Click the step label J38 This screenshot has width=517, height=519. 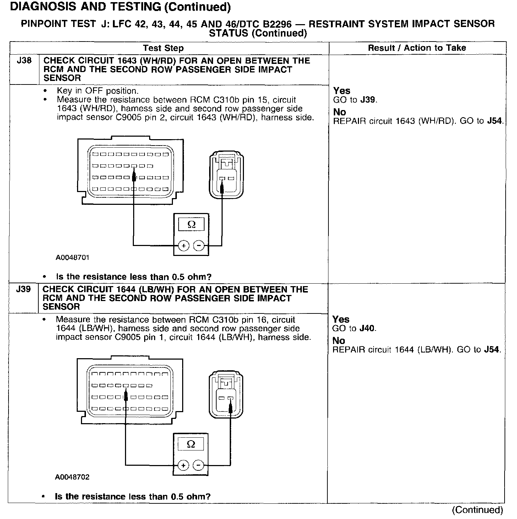pos(24,61)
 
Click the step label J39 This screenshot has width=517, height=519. pos(23,289)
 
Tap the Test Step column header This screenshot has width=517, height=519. pos(163,48)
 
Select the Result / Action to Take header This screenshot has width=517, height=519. pos(417,48)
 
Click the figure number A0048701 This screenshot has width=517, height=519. pos(72,258)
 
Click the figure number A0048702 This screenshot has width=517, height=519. pos(72,477)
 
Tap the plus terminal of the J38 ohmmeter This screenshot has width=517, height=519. pos(183,245)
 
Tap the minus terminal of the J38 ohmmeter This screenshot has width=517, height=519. pos(199,245)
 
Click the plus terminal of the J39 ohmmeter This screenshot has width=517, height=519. pos(183,465)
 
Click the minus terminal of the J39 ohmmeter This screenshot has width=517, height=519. pos(198,465)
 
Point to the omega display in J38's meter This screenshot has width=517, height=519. pos(191,225)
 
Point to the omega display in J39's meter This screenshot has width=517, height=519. pos(191,444)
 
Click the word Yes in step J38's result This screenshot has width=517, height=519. pos(342,91)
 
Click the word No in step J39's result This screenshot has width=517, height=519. pos(339,341)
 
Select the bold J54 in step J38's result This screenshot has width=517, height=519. pos(495,121)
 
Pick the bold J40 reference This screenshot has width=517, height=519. pos(367,328)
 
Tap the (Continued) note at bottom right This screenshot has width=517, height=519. pos(477,510)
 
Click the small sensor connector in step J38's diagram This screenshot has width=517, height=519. pos(227,175)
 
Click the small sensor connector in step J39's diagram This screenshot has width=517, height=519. pos(226,394)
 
